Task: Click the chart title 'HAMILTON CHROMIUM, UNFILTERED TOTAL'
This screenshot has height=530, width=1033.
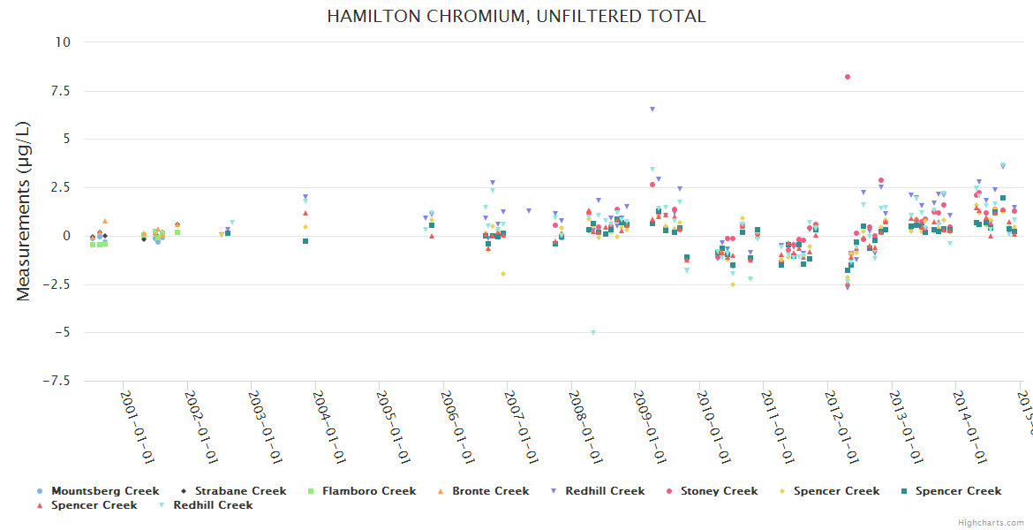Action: pos(516,17)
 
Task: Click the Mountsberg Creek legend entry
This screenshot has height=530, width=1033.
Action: pos(105,491)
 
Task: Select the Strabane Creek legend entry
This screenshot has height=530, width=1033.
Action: pos(240,491)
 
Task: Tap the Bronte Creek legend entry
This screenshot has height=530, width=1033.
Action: pos(490,491)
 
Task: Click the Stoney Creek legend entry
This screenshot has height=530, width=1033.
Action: pos(719,491)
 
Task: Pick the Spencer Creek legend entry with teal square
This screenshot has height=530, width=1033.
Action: pos(958,491)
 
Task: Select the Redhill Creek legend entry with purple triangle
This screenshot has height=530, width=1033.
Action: pos(606,491)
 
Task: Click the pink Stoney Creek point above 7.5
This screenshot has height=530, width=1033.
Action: pos(847,77)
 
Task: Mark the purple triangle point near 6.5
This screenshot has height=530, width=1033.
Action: pos(652,110)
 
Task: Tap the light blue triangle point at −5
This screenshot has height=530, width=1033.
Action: pos(593,333)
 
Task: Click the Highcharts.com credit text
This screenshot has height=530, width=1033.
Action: pos(991,523)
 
